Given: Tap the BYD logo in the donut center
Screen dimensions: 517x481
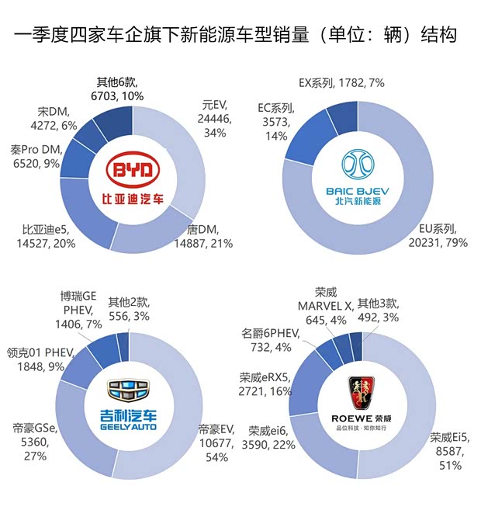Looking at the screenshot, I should tap(133, 178).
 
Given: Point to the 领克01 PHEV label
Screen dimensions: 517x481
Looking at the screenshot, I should tap(40, 358).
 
